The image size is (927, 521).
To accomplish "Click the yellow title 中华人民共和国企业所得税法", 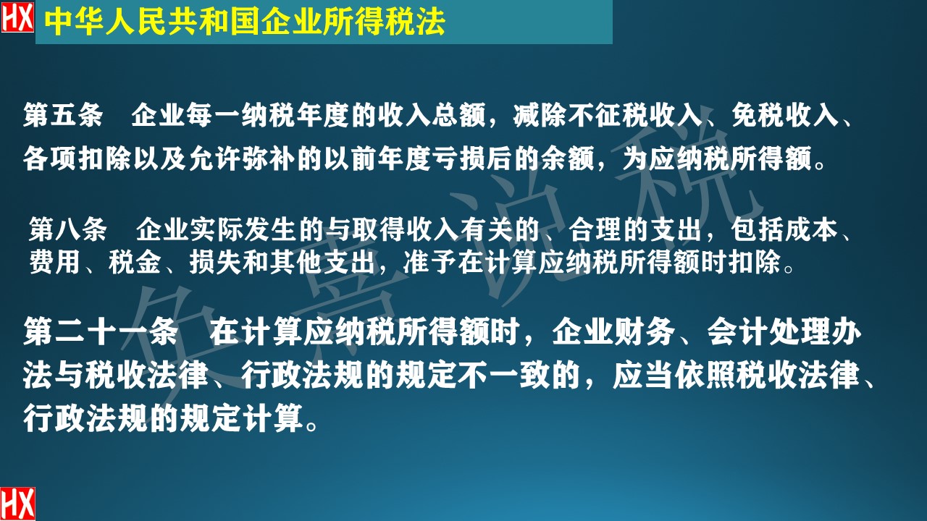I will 245,22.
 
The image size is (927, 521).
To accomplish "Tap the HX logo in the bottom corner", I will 17,504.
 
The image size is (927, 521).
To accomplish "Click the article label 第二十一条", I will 100,334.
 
